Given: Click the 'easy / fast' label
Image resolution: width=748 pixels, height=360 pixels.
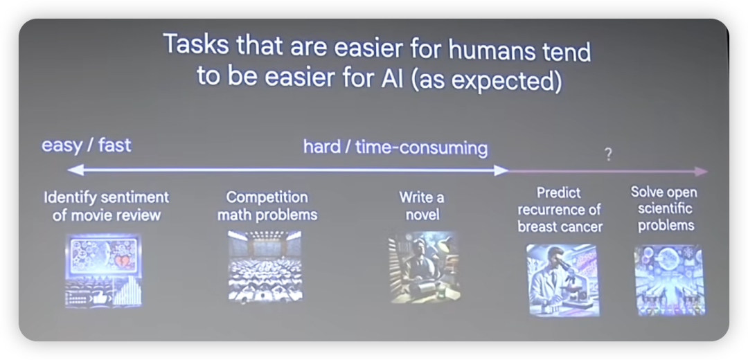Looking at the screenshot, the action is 87,145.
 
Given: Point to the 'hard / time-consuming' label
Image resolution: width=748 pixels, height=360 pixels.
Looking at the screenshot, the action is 395,148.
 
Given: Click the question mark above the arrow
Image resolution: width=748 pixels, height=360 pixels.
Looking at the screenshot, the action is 608,154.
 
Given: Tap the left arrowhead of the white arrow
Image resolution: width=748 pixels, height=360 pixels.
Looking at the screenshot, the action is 75,170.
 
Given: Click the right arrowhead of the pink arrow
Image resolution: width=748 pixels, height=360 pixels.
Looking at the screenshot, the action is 701,172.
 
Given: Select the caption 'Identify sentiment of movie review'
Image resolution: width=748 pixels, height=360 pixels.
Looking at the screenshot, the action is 107,206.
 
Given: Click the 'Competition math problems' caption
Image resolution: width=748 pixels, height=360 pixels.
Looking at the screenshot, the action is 267,206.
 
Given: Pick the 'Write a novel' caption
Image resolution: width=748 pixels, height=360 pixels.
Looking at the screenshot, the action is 422,206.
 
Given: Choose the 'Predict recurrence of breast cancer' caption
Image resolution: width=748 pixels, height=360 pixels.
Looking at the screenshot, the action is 560,210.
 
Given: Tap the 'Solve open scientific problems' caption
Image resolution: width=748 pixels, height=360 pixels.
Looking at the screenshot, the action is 664,208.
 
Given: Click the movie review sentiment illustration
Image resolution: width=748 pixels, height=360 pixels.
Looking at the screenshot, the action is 103,270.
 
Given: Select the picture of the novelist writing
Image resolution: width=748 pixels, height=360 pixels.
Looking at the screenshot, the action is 423,267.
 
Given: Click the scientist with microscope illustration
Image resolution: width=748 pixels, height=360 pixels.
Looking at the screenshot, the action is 562,280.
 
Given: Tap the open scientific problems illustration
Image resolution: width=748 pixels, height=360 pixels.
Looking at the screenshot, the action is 669,280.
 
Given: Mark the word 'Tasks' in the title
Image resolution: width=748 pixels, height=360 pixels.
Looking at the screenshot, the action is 193,45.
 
